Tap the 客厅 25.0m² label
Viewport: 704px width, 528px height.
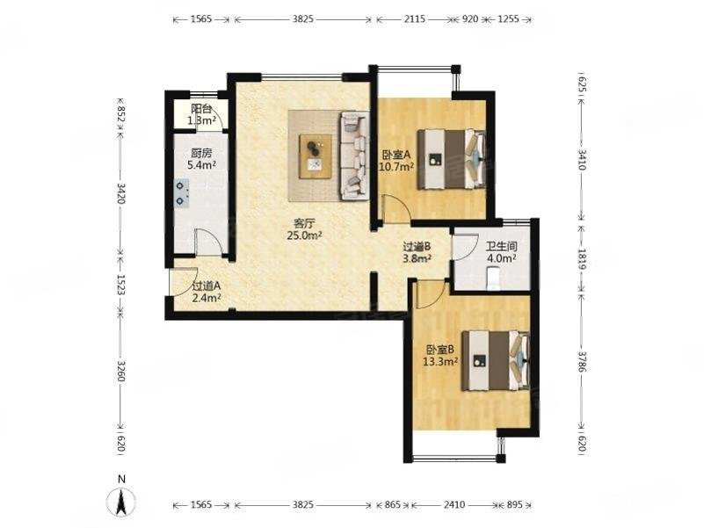coord(305,229)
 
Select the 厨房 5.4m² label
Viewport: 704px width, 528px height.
coord(201,159)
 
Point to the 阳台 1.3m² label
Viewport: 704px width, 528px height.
coord(201,114)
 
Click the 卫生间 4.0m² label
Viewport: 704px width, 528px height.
coord(502,252)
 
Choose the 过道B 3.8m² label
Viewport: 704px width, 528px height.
coord(417,252)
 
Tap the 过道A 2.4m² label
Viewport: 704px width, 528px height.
coord(206,292)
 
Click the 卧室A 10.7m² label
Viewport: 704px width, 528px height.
coord(396,161)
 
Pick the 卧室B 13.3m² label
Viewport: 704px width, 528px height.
coord(440,355)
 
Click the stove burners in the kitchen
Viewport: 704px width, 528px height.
coord(181,193)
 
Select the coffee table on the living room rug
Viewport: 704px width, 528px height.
coord(316,156)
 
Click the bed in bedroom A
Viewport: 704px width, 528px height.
coord(451,159)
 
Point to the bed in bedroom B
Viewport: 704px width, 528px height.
coord(496,360)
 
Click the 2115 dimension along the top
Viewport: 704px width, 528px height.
coord(415,19)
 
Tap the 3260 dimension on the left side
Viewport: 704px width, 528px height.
coord(120,371)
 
